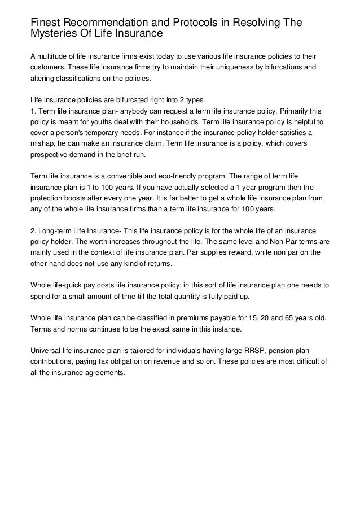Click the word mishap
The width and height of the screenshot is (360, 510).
[43, 143]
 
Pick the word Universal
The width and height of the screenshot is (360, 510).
[46, 350]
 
